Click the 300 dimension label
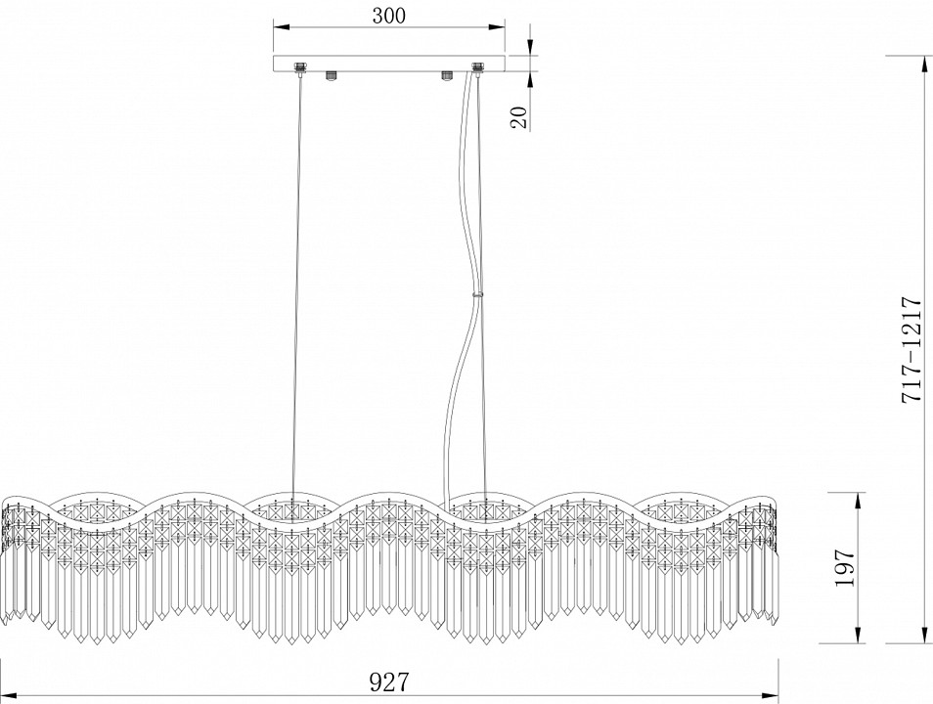(388, 15)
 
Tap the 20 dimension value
(519, 118)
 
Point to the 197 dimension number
(844, 568)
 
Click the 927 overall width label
(390, 682)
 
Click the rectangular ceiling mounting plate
(389, 64)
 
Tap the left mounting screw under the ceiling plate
(332, 76)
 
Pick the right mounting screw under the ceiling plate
(447, 76)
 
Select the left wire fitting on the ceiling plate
(300, 69)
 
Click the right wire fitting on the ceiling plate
(477, 69)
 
